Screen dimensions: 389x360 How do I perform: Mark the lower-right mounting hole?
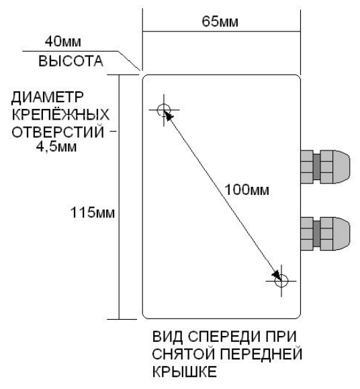[x=281, y=282]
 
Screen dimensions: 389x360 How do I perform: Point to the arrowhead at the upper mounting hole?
[x=168, y=117]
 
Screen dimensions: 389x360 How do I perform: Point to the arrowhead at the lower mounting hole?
[x=275, y=274]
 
